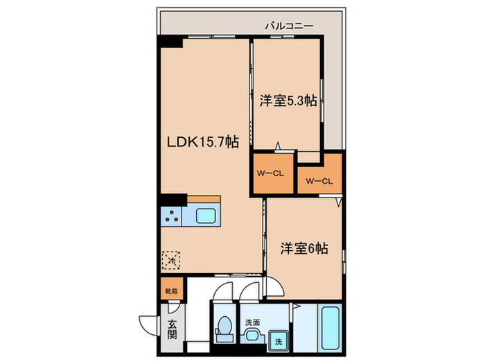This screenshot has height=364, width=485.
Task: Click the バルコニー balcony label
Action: pos(289,26)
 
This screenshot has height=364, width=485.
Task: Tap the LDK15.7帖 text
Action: pos(202,141)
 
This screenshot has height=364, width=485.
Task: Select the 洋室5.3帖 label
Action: pos(289,101)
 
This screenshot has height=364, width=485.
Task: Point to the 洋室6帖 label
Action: pos(304,248)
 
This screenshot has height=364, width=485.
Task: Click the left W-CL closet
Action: pos(272,173)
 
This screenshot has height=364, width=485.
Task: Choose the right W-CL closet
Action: pos(319,181)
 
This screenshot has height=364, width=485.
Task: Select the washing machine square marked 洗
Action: pos(276,341)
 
